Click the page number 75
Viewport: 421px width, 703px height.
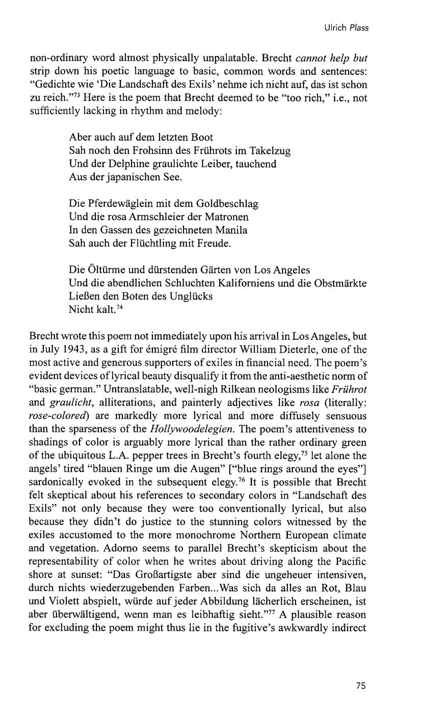361,686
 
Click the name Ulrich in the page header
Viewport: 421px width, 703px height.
334,28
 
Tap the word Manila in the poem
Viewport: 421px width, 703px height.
231,230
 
